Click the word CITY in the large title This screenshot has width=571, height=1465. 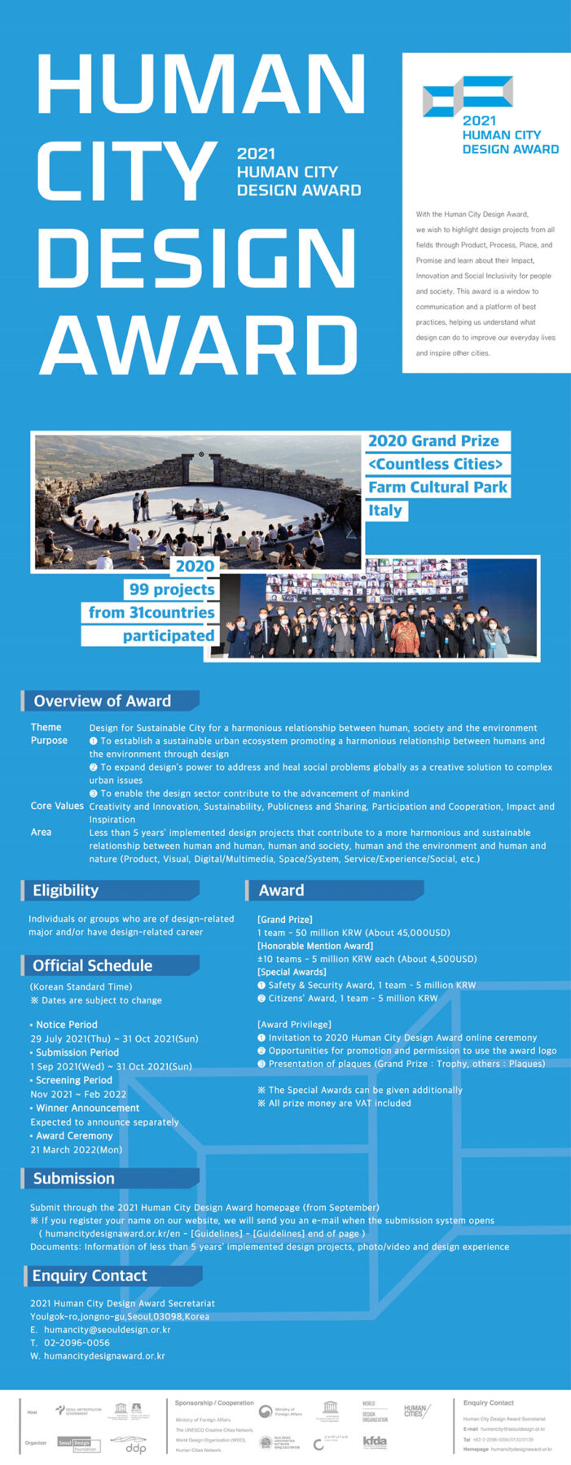click(126, 171)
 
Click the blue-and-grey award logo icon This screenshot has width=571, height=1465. click(468, 95)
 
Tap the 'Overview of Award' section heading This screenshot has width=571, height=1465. click(103, 701)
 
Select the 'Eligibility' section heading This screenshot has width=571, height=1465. click(66, 890)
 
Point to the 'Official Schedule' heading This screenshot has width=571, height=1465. click(93, 965)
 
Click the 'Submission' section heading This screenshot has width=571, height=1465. click(74, 1179)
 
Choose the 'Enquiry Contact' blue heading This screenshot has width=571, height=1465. click(90, 1275)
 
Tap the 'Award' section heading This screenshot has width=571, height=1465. click(282, 890)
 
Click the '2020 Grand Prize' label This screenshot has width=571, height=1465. click(433, 441)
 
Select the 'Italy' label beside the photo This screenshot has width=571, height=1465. click(385, 510)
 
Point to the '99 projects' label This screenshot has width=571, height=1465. click(172, 589)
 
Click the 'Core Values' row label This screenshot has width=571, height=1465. click(57, 806)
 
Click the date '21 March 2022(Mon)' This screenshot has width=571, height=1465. click(76, 1149)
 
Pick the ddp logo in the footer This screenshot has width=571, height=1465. click(130, 1445)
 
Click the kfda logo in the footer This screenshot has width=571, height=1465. click(375, 1442)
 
